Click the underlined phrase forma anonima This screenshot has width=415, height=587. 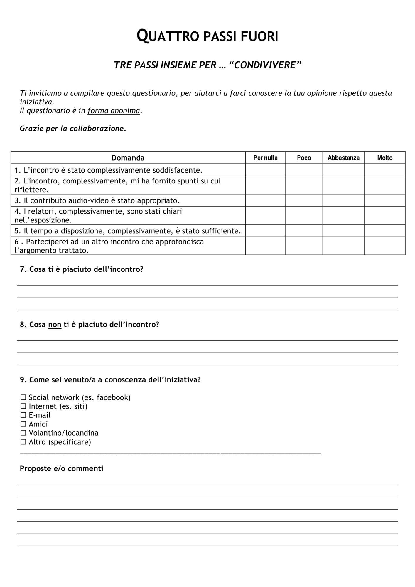[114, 111]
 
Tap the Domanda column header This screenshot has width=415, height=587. [128, 158]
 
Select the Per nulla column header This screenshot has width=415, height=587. [265, 158]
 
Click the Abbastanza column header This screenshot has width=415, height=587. [343, 158]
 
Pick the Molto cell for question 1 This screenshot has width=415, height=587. [384, 170]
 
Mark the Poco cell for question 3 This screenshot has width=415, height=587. [304, 200]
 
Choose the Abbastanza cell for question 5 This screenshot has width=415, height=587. [343, 231]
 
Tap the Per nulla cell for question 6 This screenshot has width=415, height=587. [265, 246]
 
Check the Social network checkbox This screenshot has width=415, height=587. [23, 397]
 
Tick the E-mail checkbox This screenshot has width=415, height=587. [23, 415]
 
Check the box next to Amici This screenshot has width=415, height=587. [23, 424]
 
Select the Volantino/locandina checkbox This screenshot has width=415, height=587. [23, 433]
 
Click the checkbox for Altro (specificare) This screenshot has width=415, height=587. [23, 442]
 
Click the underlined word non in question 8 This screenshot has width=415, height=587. [55, 325]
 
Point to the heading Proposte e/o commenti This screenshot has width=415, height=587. [61, 468]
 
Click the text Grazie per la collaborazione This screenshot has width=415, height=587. [72, 129]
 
